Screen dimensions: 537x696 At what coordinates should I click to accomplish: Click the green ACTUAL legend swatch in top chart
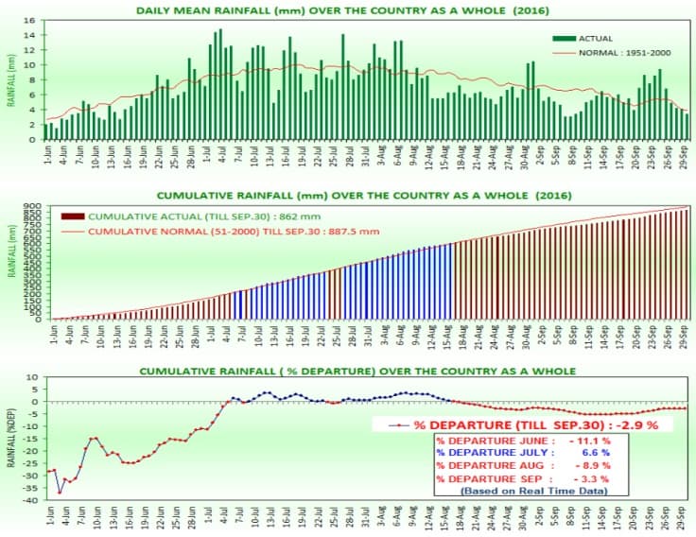point(564,38)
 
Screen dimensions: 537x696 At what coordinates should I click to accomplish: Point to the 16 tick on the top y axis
point(31,20)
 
